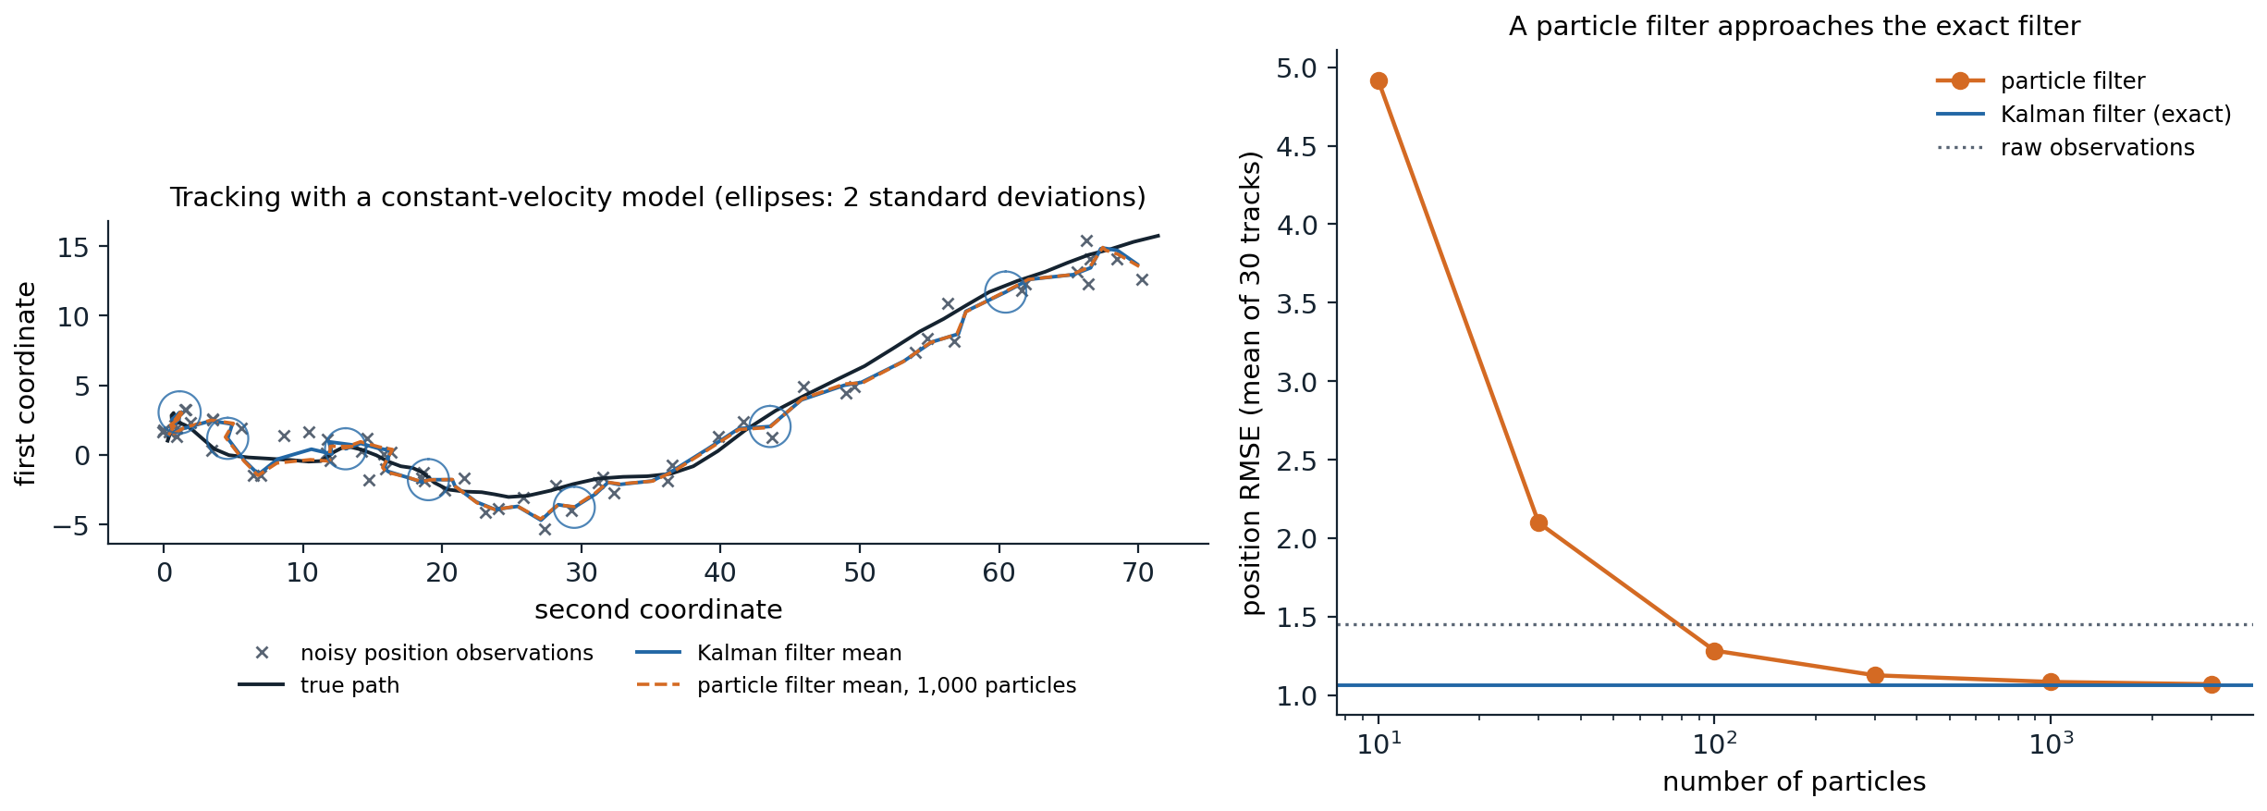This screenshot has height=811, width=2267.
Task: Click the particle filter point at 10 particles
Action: (1379, 81)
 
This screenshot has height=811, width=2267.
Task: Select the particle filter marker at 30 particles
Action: (1538, 522)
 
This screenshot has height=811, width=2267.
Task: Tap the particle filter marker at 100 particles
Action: (1714, 651)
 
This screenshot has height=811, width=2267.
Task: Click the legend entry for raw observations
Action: (2065, 148)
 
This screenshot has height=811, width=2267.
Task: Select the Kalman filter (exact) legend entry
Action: (2084, 115)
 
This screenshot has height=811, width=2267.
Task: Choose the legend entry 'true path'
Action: (319, 685)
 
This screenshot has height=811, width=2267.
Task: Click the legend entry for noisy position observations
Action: (416, 653)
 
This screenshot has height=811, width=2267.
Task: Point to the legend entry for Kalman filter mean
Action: (768, 653)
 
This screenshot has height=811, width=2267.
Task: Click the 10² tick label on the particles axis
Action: (1714, 743)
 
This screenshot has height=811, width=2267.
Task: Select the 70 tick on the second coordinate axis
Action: (1138, 573)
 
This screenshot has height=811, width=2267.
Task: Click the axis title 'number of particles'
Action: (1794, 782)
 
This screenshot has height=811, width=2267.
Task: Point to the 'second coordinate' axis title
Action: (658, 610)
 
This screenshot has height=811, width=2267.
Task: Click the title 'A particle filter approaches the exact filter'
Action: (1795, 27)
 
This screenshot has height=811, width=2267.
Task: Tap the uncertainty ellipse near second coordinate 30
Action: (573, 488)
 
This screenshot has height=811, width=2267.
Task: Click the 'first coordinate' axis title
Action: (26, 383)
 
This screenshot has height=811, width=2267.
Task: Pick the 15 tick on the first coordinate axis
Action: (73, 247)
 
